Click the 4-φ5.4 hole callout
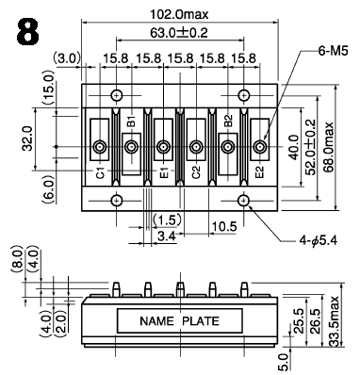319,240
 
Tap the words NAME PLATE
179,321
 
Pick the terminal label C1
100,172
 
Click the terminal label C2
196,172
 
